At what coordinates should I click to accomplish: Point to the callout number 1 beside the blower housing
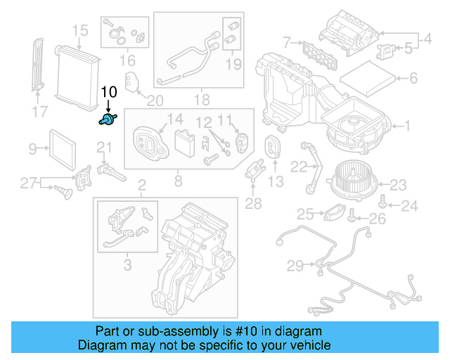[x=405, y=127]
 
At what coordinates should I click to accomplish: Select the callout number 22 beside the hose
[x=299, y=167]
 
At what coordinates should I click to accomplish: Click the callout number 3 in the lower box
[x=127, y=264]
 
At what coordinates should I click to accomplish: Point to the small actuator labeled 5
[x=386, y=50]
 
